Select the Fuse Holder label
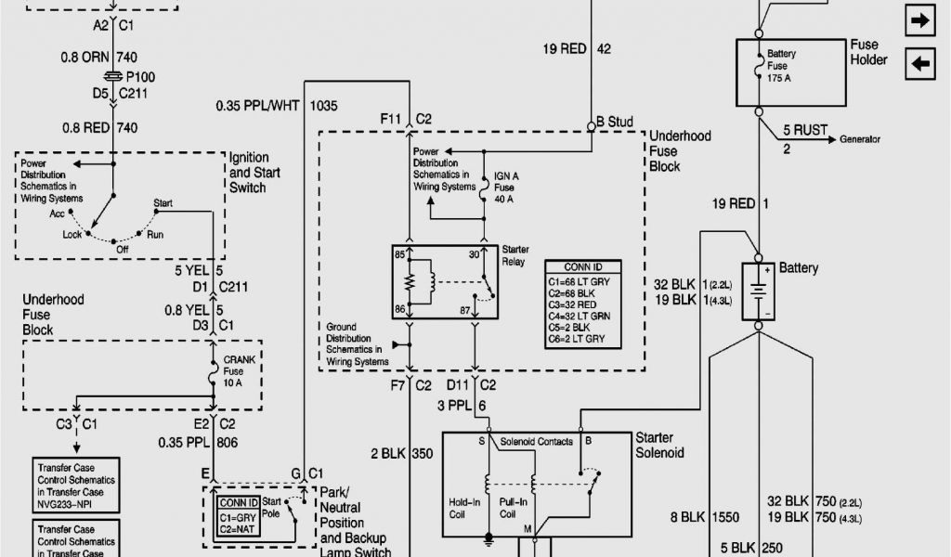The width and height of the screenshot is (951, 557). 868,52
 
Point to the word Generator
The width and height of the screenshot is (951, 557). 860,139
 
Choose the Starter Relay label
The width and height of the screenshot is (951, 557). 515,256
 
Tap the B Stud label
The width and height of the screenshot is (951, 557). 614,122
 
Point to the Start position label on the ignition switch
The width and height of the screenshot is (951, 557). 163,202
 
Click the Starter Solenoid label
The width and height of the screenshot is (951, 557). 659,445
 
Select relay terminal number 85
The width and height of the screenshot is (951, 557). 399,253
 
